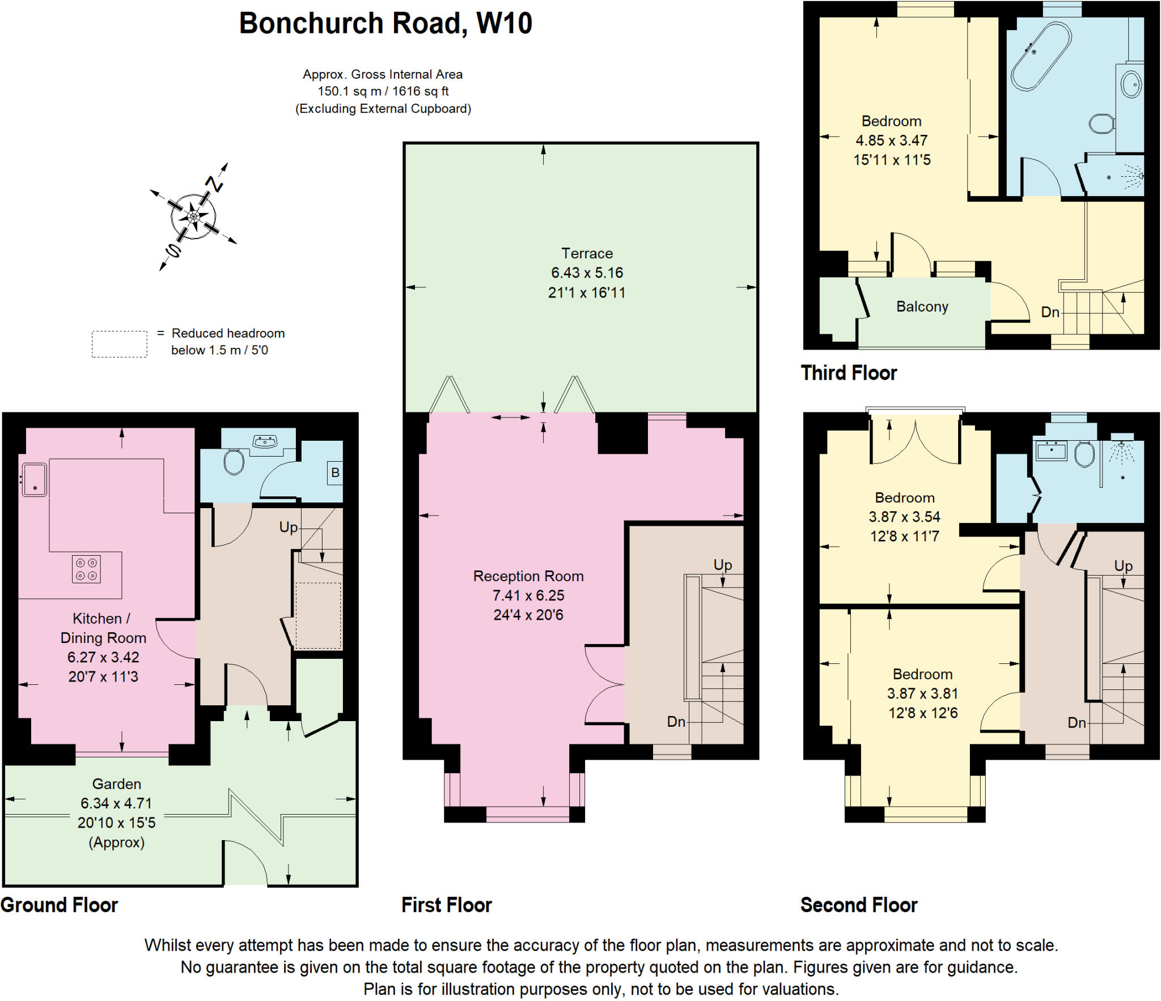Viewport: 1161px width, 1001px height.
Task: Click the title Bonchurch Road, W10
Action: coord(385,24)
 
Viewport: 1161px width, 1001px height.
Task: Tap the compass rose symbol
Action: coord(193,216)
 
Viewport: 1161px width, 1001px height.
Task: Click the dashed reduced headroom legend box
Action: coord(120,344)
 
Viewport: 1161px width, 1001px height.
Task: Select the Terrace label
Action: coord(587,253)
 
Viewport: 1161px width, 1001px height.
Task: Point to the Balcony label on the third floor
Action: coord(922,306)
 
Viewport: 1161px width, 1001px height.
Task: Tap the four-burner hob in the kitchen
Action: coord(86,569)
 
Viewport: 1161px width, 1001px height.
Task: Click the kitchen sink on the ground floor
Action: coord(35,479)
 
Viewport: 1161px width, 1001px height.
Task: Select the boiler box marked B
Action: coord(335,472)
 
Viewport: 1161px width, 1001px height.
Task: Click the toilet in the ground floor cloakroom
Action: coord(234,462)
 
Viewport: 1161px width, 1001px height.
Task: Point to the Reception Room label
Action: coord(528,576)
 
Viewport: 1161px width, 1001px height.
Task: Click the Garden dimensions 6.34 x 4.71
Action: coord(116,803)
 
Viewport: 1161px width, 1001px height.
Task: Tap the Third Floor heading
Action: coord(849,373)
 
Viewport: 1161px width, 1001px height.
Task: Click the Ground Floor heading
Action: coord(60,905)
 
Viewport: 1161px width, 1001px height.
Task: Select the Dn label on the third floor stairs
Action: coord(1050,312)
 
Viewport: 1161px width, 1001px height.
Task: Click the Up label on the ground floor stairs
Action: coord(288,527)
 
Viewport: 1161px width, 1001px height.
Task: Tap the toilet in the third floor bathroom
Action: coord(1101,123)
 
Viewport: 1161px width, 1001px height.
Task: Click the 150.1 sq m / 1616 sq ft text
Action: coord(383,91)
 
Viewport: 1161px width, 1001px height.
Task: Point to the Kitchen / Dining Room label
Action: coord(103,628)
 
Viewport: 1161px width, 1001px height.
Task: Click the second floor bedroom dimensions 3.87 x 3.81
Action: coord(922,693)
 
